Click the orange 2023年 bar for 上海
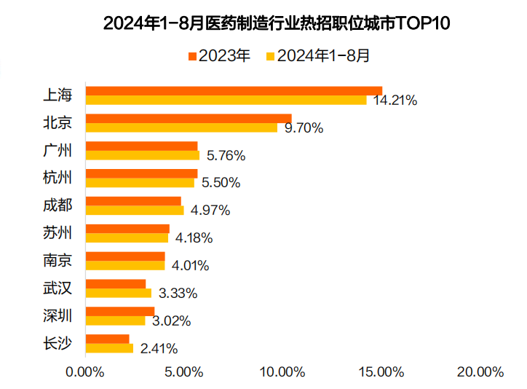point(233,90)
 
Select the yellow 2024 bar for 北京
point(181,127)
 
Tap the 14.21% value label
point(395,101)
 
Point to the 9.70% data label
point(304,128)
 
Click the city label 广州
point(58,151)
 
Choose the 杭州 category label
point(58,178)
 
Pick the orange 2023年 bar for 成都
point(133,201)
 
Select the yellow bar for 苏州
point(127,237)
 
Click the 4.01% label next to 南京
point(189,265)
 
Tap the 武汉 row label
point(58,288)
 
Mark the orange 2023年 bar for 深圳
point(119,311)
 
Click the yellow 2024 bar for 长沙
point(109,348)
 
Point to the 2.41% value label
point(158,348)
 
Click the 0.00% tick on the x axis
point(85,372)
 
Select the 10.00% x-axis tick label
point(282,372)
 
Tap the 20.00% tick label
point(480,372)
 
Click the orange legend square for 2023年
point(193,56)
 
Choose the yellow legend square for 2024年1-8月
point(271,56)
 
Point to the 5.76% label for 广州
point(226,155)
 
